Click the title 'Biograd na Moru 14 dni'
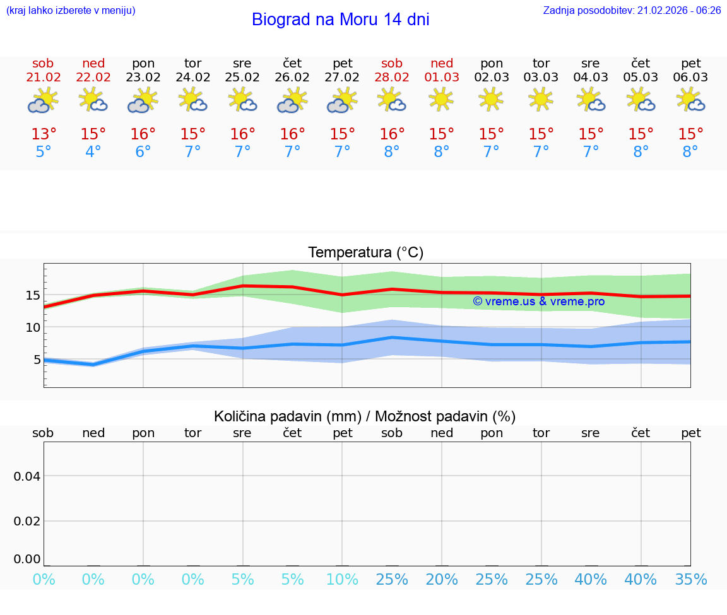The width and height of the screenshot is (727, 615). pyautogui.click(x=340, y=20)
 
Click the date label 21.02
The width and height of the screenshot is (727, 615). pyautogui.click(x=43, y=77)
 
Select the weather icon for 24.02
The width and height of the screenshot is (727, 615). pyautogui.click(x=192, y=100)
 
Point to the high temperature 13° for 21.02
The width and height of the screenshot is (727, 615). pyautogui.click(x=44, y=134)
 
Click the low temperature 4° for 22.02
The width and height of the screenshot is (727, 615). pyautogui.click(x=93, y=152)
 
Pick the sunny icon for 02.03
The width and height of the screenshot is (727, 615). pyautogui.click(x=491, y=100)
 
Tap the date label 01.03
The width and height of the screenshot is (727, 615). pyautogui.click(x=442, y=77)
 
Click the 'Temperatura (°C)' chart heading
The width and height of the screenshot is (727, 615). pyautogui.click(x=365, y=253)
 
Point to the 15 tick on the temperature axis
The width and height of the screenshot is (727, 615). pyautogui.click(x=33, y=295)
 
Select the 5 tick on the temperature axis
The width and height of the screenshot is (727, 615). pyautogui.click(x=37, y=360)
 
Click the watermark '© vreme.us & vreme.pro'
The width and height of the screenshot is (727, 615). pyautogui.click(x=538, y=302)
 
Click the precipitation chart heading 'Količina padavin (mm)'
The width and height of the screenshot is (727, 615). pyautogui.click(x=287, y=416)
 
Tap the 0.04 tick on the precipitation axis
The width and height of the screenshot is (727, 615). pyautogui.click(x=27, y=476)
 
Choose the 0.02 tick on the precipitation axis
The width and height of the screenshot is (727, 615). pyautogui.click(x=27, y=521)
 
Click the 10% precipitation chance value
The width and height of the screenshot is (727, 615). pyautogui.click(x=342, y=579)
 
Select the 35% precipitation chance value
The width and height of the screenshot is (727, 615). pyautogui.click(x=690, y=579)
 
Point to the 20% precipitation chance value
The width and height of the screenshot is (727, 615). pyautogui.click(x=442, y=579)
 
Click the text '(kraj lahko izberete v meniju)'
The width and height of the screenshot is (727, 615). pyautogui.click(x=71, y=11)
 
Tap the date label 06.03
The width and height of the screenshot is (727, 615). pyautogui.click(x=690, y=77)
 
